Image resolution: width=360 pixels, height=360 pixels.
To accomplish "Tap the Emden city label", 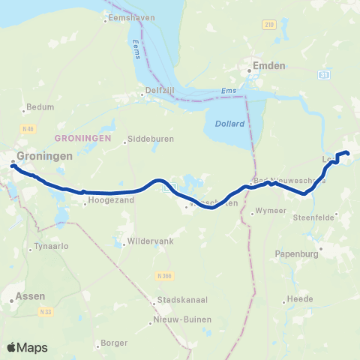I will pos(270,66).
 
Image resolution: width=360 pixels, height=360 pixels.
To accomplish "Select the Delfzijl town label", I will pos(159,95).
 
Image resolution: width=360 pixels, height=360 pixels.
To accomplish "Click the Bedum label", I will pos(40,107).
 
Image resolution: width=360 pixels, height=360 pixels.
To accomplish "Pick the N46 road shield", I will pos(28,129).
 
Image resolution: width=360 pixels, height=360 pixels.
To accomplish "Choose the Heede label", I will pos(299,299).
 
